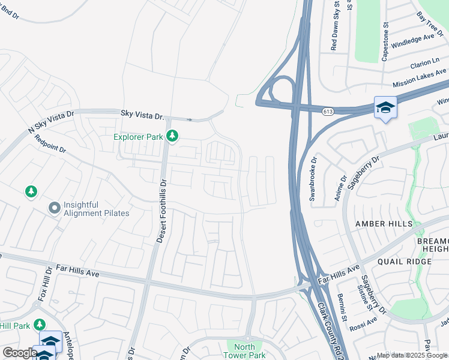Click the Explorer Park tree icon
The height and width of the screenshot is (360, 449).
click(x=172, y=137)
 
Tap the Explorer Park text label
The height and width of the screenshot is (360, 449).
click(x=139, y=137)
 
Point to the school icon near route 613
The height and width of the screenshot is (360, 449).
click(x=385, y=107)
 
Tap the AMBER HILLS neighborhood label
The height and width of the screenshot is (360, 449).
click(x=384, y=224)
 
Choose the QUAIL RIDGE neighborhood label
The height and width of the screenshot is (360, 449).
click(x=404, y=262)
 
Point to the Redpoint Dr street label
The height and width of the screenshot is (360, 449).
click(x=50, y=145)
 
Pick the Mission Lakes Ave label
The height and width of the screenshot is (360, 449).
click(x=421, y=79)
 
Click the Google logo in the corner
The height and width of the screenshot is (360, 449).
click(x=20, y=353)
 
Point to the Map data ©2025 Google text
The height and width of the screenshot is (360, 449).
click(x=412, y=355)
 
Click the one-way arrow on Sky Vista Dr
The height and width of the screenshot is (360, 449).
click(x=189, y=119)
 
